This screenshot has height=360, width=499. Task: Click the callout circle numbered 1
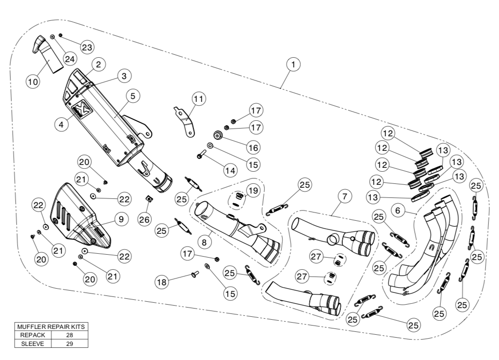(x=293, y=64)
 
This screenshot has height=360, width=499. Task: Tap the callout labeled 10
(x=32, y=82)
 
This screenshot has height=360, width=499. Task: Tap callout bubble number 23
(x=87, y=47)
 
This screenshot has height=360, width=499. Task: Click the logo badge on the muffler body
(x=80, y=109)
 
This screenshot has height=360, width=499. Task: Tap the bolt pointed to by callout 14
(x=201, y=156)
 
